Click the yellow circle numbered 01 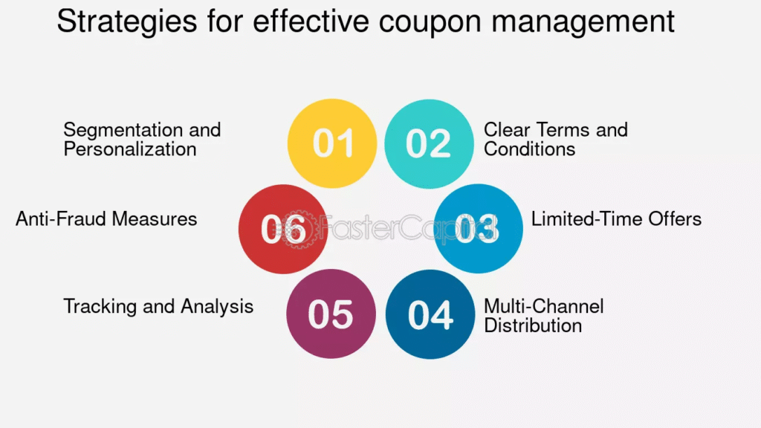(332, 143)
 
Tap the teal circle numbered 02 (429, 143)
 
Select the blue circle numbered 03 (478, 228)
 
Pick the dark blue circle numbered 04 (430, 314)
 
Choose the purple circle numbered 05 (331, 314)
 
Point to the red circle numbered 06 (283, 229)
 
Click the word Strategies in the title (127, 22)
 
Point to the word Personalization (130, 149)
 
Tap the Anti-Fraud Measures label (106, 219)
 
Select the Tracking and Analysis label (158, 307)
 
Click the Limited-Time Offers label (616, 219)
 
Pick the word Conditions (529, 149)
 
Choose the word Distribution (533, 325)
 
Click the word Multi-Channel (544, 307)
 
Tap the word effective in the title (310, 22)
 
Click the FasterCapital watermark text (388, 227)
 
